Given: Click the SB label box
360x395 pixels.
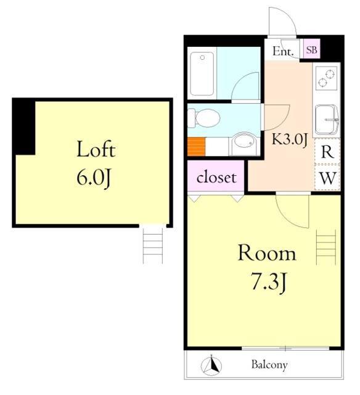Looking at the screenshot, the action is click(x=311, y=49).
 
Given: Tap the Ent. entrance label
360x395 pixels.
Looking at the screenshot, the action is click(x=284, y=51).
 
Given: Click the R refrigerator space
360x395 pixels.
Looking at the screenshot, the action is click(x=327, y=151).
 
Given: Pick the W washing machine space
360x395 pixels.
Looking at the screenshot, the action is click(x=327, y=178).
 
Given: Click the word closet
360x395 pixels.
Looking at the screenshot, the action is click(x=216, y=177).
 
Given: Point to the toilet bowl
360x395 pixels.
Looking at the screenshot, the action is click(x=204, y=118).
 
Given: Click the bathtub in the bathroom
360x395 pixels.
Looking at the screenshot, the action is click(x=202, y=73).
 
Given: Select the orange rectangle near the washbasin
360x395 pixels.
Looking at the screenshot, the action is click(x=197, y=146).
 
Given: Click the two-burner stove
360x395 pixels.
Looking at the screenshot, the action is click(x=326, y=78).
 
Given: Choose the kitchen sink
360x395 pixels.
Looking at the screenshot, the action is click(x=326, y=119).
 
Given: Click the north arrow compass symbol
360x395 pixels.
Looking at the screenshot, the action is click(x=211, y=365).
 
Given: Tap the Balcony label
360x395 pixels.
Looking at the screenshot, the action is click(x=269, y=365).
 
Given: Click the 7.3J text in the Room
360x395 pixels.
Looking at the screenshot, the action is click(x=268, y=281).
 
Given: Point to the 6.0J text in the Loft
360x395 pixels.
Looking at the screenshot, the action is click(x=94, y=177).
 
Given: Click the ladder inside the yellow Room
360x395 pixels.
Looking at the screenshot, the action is click(x=326, y=247).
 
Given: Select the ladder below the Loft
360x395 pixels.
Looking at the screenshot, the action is click(x=153, y=245).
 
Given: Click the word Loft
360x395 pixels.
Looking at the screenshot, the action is click(x=96, y=149).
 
